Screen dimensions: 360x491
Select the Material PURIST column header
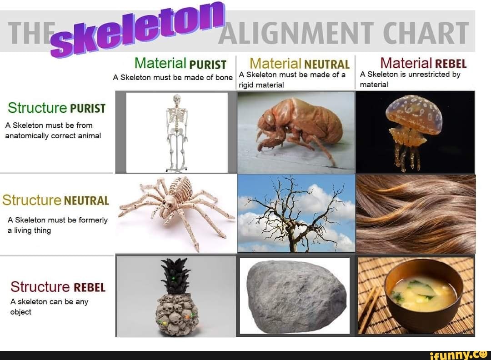pos(180,63)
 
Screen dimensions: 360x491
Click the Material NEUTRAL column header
pos(300,64)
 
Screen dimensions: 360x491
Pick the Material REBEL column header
pos(423,63)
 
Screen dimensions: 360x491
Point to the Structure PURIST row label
pos(56,108)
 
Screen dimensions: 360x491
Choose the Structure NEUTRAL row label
pos(55,200)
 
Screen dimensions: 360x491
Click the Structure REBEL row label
pos(58,287)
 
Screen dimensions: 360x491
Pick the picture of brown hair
pos(416,214)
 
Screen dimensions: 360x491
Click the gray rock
pos(295,295)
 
